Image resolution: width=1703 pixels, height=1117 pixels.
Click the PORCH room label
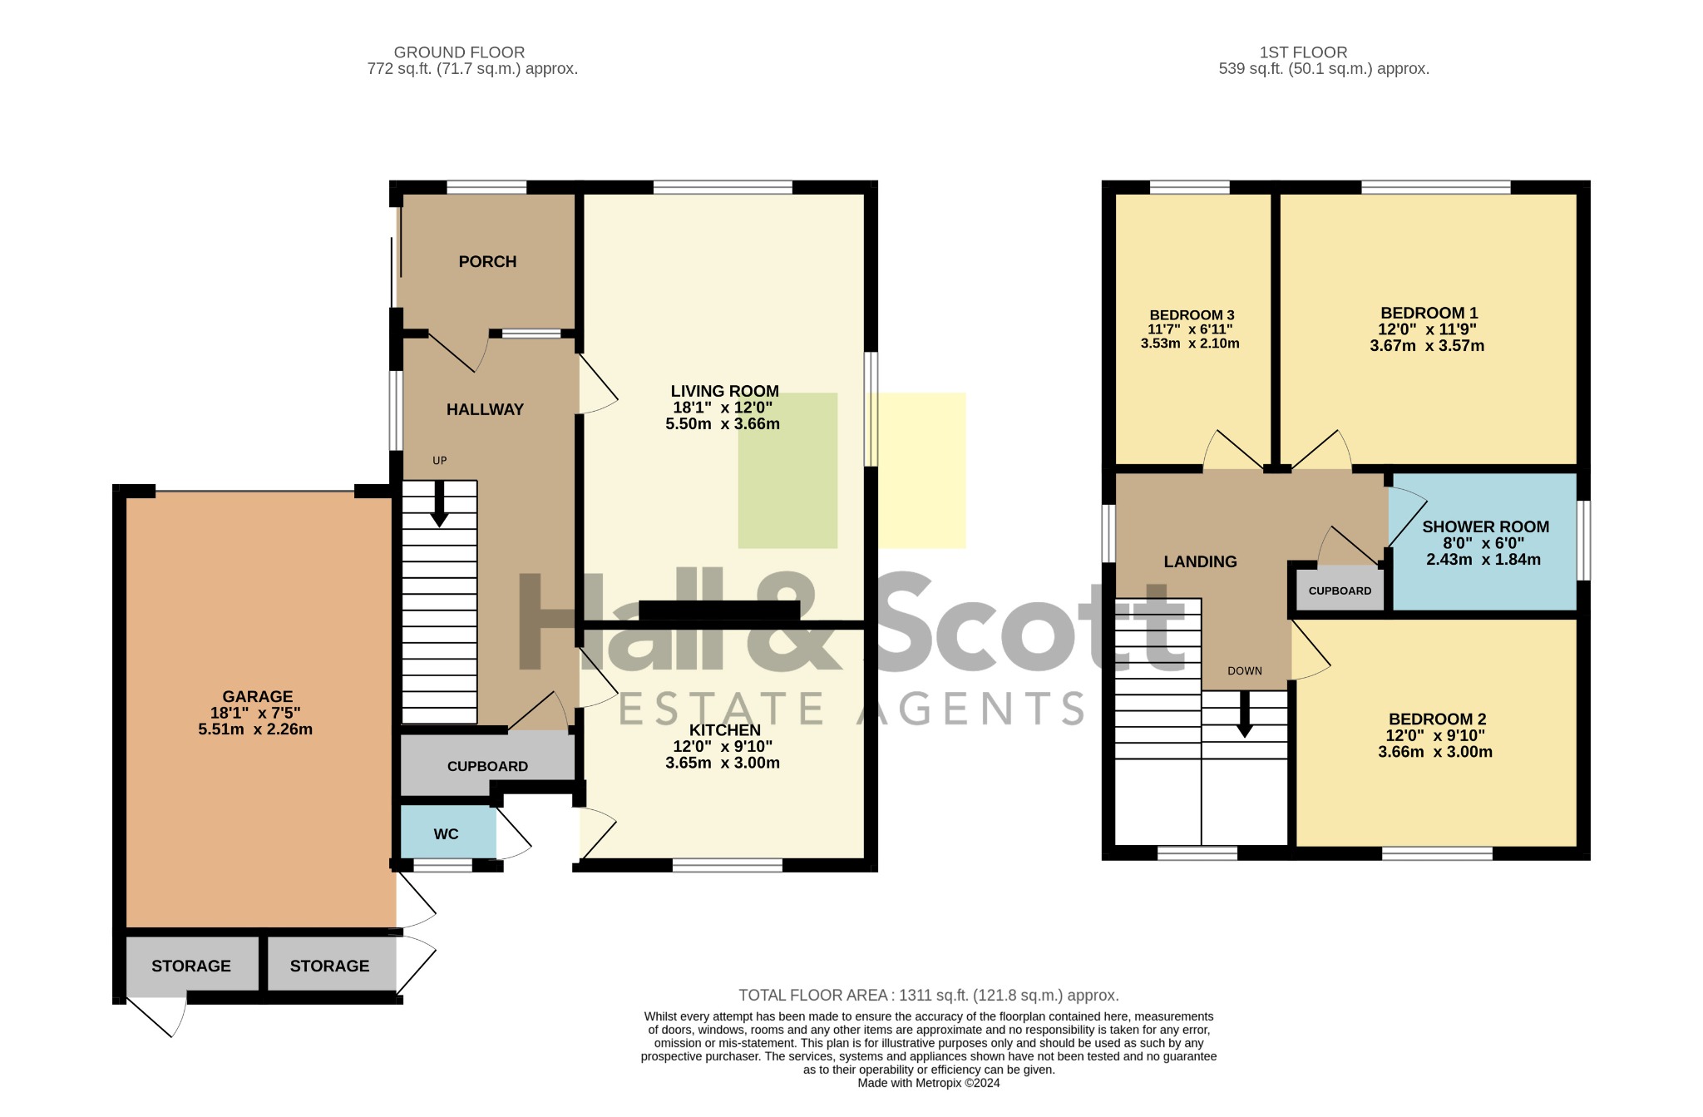coord(487,262)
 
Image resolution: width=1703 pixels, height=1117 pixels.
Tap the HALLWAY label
coord(485,409)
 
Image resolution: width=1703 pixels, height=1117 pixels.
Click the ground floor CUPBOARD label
coord(487,766)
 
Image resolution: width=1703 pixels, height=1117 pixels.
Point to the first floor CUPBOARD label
coord(1340,591)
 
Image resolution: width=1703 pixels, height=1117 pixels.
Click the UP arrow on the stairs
coord(439,504)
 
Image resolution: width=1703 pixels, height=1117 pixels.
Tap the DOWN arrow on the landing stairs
coord(1244,714)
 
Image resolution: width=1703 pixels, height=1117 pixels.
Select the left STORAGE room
coord(192,965)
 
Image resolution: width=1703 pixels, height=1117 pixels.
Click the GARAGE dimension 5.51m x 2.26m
coord(255,729)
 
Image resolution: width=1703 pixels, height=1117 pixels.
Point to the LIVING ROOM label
coord(724,391)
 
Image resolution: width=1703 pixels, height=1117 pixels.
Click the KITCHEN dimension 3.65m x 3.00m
coord(723,763)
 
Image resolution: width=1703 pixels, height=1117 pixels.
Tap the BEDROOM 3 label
coord(1192,315)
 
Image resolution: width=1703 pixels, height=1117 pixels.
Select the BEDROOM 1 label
coord(1429,313)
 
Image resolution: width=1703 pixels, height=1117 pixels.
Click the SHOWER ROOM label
coord(1485,526)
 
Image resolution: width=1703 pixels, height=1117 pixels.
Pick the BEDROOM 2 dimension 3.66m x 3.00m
coord(1434,752)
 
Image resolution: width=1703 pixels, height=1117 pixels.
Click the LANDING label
coord(1200,561)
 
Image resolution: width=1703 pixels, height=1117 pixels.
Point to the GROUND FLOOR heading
coord(459,52)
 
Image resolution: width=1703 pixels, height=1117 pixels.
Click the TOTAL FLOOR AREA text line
coord(929,995)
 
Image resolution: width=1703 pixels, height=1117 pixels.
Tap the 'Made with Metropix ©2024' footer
coord(929,1083)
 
